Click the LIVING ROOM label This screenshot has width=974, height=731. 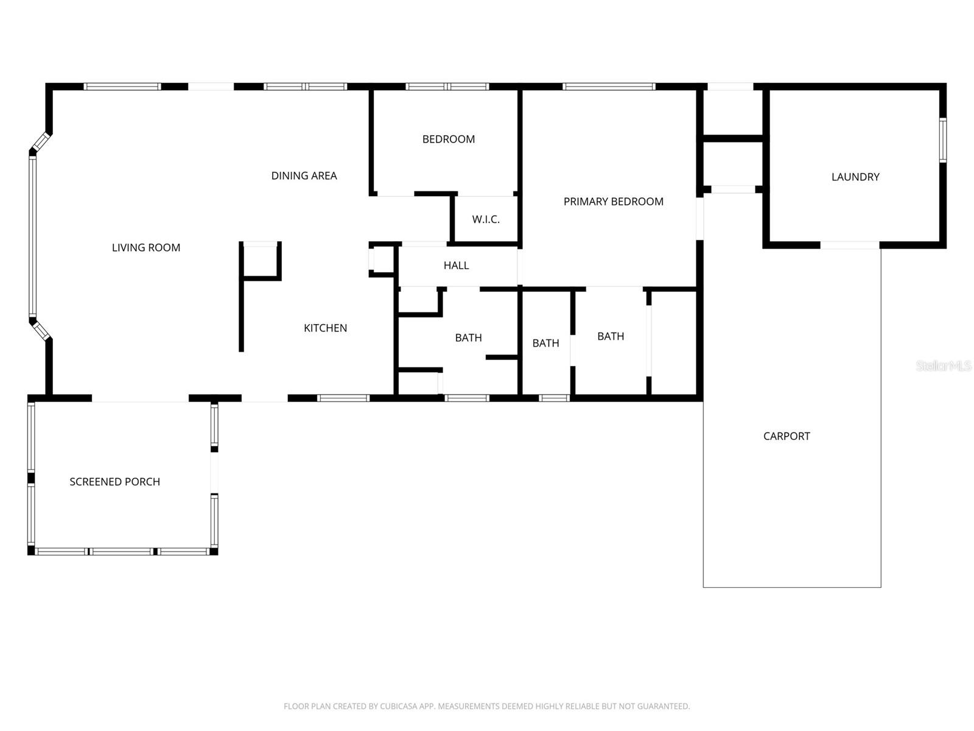146,247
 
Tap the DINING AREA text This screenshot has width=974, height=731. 304,175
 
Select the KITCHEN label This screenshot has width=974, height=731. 325,328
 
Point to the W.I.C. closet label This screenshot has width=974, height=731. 486,219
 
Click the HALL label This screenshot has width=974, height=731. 456,265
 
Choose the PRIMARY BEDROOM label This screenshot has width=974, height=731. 613,202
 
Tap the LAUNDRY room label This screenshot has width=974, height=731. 855,177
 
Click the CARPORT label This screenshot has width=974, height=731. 787,436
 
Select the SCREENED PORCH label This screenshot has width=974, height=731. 114,482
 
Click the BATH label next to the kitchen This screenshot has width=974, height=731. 468,337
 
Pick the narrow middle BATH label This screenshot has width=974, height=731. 545,343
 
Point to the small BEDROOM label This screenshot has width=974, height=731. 448,139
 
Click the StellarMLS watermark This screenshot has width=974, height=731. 943,365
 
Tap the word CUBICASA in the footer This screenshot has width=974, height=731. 401,707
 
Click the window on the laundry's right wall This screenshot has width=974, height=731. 942,140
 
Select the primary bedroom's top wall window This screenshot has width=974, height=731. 609,87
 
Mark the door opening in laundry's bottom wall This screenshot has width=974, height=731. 850,245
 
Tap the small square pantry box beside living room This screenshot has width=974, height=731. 261,261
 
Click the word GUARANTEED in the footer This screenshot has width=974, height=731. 662,707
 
